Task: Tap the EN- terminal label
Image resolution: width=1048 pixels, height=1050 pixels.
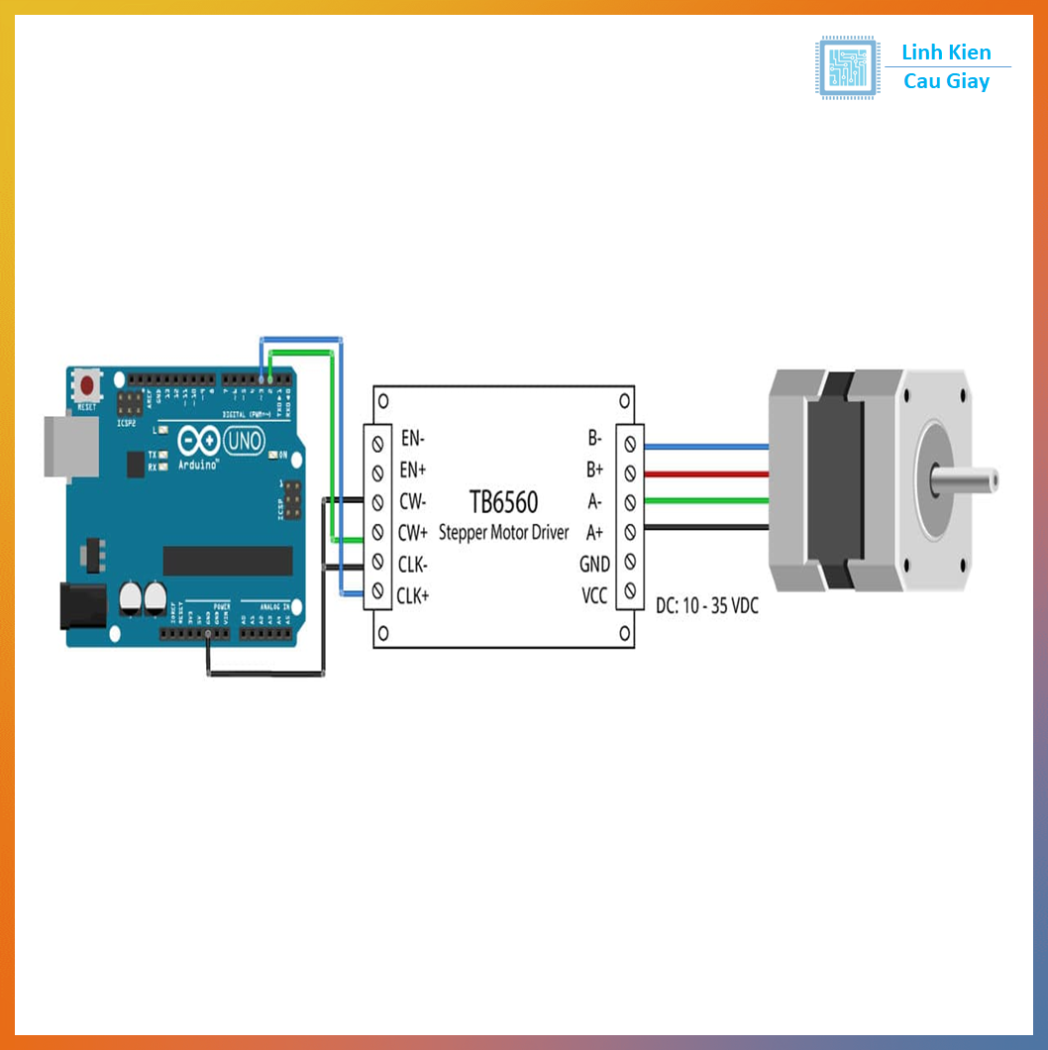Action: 412,437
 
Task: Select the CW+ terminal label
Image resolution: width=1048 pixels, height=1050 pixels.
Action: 413,532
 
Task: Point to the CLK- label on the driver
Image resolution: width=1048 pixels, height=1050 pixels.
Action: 412,564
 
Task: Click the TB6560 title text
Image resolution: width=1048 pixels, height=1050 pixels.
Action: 503,500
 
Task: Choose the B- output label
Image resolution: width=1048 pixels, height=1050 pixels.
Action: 594,437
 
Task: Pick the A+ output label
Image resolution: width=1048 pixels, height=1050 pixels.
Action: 594,532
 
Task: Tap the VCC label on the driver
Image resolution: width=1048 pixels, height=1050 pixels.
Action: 593,595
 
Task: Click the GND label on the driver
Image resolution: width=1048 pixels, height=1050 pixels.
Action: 594,564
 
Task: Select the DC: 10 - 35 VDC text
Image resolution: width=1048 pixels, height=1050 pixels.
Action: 706,605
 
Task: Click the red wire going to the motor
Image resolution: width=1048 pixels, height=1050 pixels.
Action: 705,474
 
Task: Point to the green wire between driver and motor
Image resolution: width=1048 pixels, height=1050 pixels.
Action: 705,501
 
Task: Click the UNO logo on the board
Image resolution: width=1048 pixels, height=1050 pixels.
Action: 244,440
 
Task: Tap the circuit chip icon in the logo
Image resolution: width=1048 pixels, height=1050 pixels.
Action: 848,67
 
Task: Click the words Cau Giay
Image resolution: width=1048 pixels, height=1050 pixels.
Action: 946,82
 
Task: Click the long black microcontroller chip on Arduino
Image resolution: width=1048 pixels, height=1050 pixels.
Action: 228,560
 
